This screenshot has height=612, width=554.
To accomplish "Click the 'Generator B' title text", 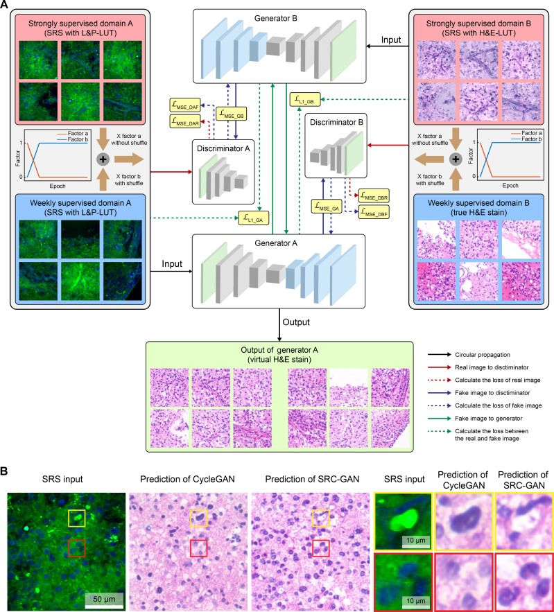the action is tap(277, 17).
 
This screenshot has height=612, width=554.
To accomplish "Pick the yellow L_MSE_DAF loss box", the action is tap(186, 105).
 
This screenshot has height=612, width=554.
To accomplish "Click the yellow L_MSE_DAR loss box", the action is tap(186, 121).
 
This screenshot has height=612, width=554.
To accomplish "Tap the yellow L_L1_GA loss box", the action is tap(254, 218).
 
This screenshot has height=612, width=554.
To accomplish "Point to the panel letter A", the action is tap(6, 6).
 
